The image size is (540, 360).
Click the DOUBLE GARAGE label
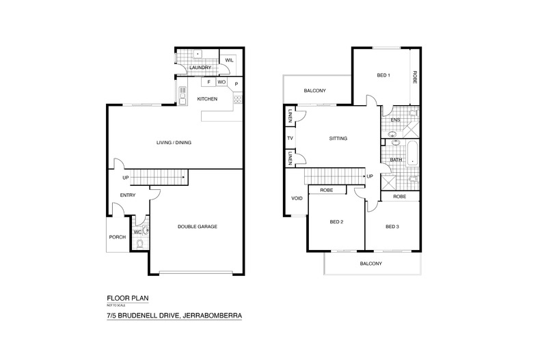198,227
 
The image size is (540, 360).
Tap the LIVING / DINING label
174,143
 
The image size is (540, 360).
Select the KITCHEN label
207,99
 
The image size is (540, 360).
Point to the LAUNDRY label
200,68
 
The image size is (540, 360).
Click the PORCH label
118,237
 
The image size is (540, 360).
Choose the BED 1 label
383,75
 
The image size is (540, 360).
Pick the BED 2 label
336,222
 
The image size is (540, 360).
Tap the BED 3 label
392,227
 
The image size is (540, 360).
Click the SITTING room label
338,139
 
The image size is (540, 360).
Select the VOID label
297,198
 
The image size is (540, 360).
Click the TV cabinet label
290,139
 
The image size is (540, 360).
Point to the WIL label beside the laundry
229,60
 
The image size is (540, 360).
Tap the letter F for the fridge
208,82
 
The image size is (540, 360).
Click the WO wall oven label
221,82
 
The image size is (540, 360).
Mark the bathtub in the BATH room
412,154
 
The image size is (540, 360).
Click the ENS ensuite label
395,120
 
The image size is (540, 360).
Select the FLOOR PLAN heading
128,299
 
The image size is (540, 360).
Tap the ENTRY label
128,195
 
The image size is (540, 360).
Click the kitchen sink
183,96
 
